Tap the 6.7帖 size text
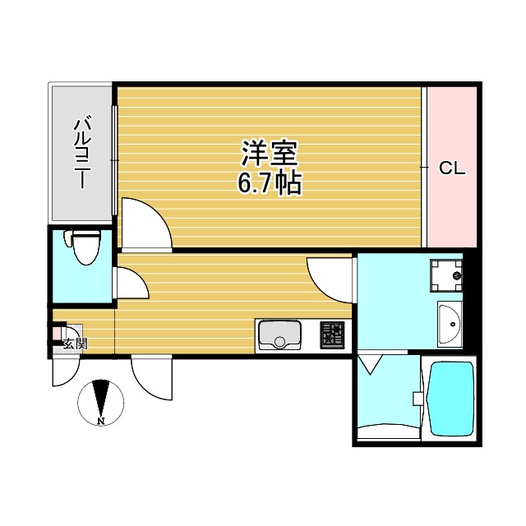tap(269, 182)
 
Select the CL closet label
tap(451, 169)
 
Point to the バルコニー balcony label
tap(81, 153)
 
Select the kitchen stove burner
tap(333, 334)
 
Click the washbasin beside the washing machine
tap(450, 324)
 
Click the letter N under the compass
tap(100, 422)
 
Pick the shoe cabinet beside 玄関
tap(59, 334)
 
